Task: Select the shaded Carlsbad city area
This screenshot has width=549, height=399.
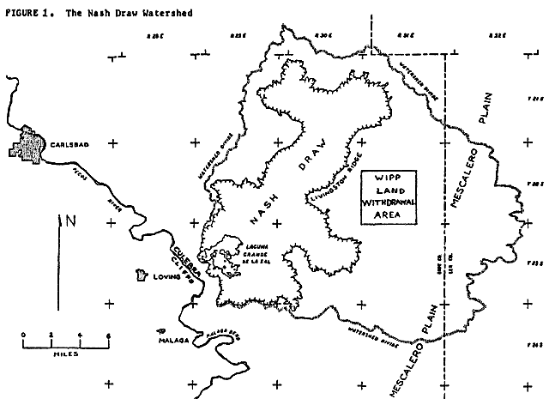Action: pos(33,145)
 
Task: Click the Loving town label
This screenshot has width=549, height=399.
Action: pos(166,277)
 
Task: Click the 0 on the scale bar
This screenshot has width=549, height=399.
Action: pos(23,335)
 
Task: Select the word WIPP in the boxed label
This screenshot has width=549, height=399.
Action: pos(388,178)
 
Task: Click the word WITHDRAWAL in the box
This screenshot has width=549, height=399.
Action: pos(388,203)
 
